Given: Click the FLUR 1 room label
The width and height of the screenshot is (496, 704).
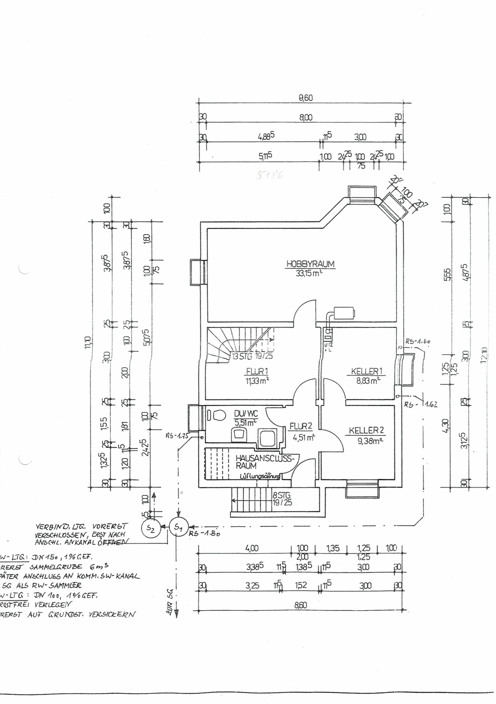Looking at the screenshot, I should click(x=255, y=371).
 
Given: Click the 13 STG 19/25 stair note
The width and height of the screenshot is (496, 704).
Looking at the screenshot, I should click(x=253, y=356).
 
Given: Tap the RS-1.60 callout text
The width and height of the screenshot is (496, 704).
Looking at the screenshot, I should click(x=417, y=341).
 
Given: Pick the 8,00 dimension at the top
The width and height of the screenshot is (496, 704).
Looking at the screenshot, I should click(x=305, y=118).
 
